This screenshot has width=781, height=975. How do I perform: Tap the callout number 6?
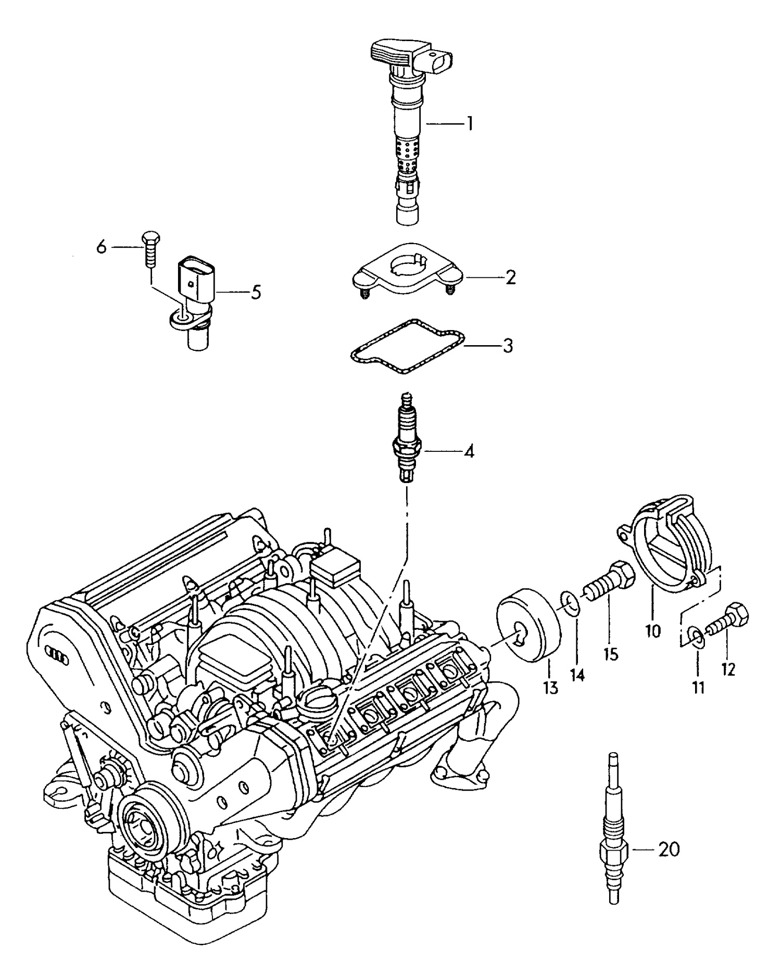pos(102,247)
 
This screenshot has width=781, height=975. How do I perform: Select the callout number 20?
pos(669,850)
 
